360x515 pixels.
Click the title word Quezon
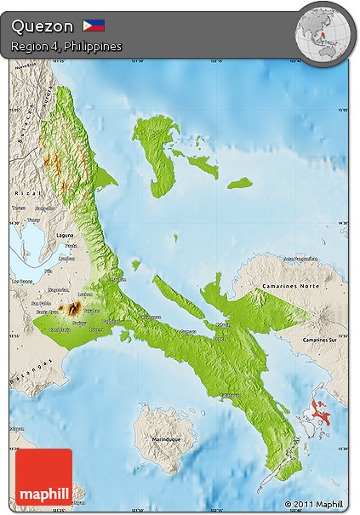click(x=43, y=26)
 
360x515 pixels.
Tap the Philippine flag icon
click(x=94, y=26)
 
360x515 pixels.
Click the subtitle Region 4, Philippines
click(x=66, y=46)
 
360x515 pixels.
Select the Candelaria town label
click(x=59, y=329)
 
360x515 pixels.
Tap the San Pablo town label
click(x=40, y=303)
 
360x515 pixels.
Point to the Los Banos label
click(x=20, y=281)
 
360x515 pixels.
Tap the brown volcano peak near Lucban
click(x=75, y=308)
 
